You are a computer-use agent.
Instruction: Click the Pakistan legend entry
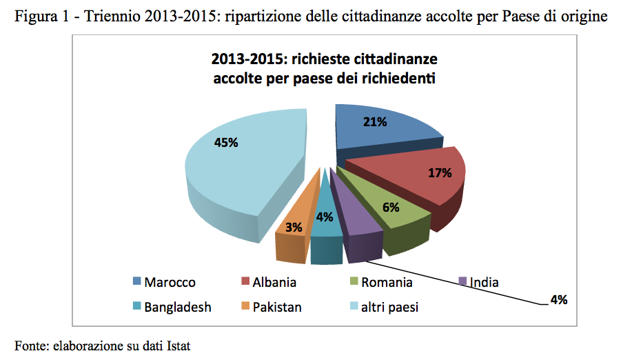[x=276, y=307]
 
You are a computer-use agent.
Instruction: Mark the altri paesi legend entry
[x=389, y=307]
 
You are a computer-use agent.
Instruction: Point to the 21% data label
[x=375, y=123]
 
